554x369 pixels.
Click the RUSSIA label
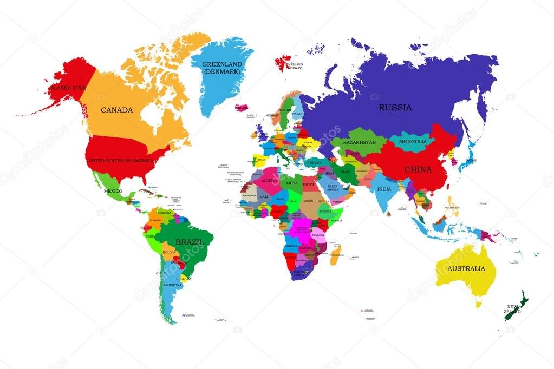395,107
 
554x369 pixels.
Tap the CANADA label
116,110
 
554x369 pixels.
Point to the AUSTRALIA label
466,268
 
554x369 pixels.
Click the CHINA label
418,169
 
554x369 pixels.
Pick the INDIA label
384,189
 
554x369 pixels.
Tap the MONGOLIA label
413,142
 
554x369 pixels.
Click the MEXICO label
113,191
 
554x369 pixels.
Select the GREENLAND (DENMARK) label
221,68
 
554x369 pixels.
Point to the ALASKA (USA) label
68,87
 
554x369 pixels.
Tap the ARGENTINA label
172,285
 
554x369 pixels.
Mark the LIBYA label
292,183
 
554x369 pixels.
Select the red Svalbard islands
283,63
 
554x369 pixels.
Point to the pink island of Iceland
242,108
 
